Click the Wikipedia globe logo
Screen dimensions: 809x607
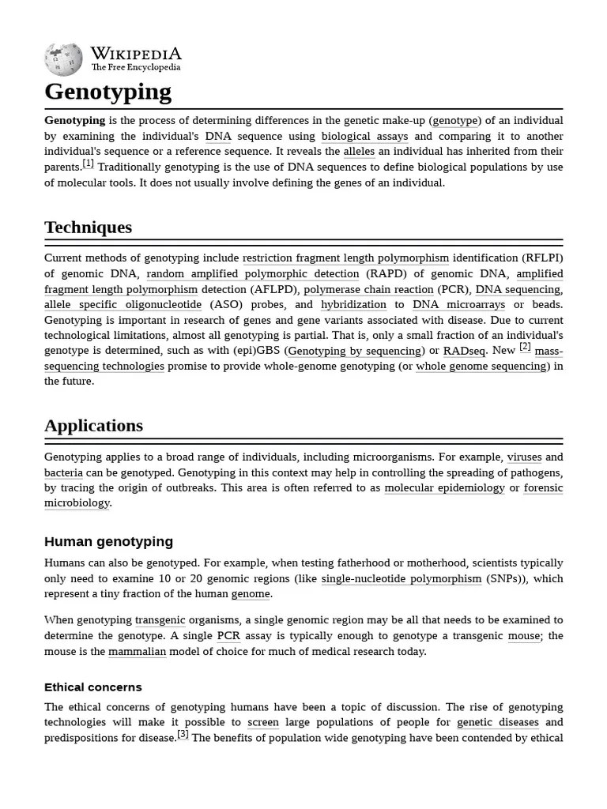tap(63, 58)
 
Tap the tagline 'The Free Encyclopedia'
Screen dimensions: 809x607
tap(135, 68)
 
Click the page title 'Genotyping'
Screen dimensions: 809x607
tap(107, 92)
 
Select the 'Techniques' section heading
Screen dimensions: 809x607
tap(88, 228)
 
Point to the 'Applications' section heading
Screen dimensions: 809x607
tap(93, 426)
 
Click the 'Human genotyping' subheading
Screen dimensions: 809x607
tap(108, 541)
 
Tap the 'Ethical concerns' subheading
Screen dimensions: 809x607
tap(93, 687)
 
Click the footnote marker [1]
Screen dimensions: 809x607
tap(88, 164)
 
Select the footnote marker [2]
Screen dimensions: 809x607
tap(525, 347)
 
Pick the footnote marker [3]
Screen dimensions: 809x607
tap(183, 734)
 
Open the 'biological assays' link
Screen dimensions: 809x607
tap(364, 136)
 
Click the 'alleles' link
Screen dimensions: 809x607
tap(359, 152)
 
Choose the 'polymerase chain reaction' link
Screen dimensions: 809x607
tap(368, 289)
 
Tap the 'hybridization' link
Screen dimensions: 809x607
tap(353, 304)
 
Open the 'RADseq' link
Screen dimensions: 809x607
tap(465, 351)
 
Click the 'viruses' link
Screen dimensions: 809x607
tap(524, 457)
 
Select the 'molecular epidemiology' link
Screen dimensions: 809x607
tap(444, 487)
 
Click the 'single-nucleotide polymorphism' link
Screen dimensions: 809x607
tap(401, 578)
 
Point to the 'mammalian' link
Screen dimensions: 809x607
tap(138, 652)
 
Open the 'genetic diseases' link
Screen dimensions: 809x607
tap(497, 722)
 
